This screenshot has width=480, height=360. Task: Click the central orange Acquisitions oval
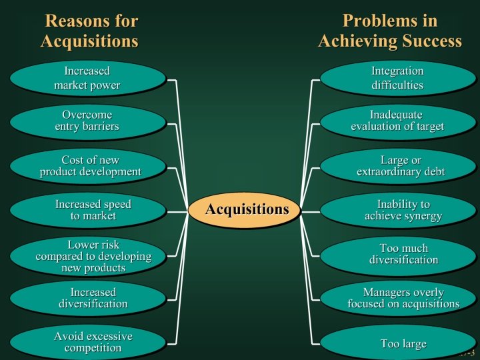pyautogui.click(x=247, y=209)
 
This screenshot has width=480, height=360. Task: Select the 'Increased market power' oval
pyautogui.click(x=87, y=78)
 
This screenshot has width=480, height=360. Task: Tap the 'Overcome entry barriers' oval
pyautogui.click(x=87, y=121)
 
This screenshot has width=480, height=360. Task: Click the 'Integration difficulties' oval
pyautogui.click(x=397, y=78)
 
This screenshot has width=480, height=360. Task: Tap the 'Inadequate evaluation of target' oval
pyautogui.click(x=397, y=121)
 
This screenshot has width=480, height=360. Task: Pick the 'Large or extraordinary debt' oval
pyautogui.click(x=399, y=166)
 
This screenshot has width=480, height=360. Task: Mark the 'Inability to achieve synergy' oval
pyautogui.click(x=399, y=210)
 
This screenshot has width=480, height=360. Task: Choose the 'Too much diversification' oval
pyautogui.click(x=399, y=254)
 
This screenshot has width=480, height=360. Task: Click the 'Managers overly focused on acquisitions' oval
pyautogui.click(x=399, y=298)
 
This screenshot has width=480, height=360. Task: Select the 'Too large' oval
pyautogui.click(x=399, y=343)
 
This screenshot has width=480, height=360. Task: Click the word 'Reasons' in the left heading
pyautogui.click(x=72, y=21)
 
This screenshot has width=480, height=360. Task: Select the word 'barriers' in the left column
pyautogui.click(x=100, y=127)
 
